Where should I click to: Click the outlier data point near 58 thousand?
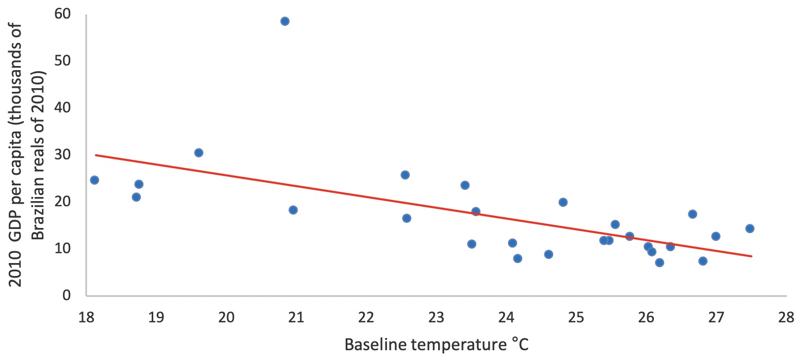pos(285,21)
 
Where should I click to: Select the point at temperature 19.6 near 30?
pos(199,153)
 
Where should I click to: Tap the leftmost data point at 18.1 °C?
pos(94,180)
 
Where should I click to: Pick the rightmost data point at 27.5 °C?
pos(750,228)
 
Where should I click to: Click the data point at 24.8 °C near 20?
pos(563,202)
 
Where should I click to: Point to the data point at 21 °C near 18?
pos(293,210)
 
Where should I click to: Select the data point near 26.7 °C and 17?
pos(693,214)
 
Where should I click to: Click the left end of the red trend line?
pos(95,155)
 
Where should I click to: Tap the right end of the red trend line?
pos(751,256)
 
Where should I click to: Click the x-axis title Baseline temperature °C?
pos(436,343)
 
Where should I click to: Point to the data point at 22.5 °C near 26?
pos(405,175)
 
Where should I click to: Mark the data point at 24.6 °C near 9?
pos(549,254)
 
